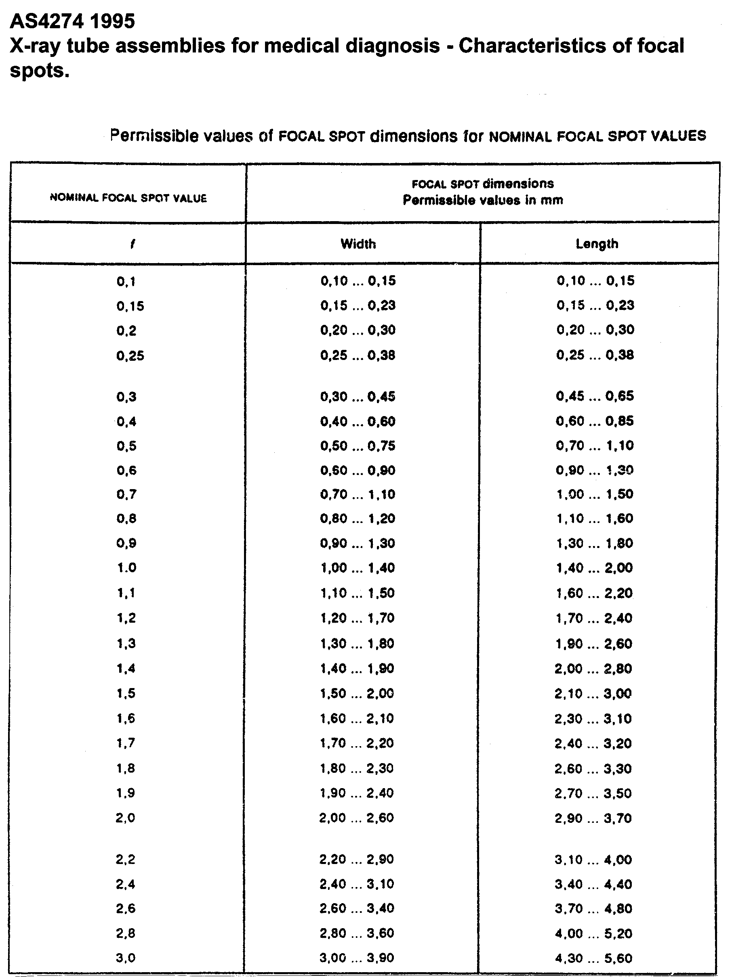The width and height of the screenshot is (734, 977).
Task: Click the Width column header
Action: coord(358,244)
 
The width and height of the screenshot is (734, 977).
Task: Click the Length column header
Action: coord(597,244)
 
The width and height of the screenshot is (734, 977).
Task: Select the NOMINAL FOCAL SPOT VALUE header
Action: coord(128,198)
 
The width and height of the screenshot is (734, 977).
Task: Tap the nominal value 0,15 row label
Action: coord(130,306)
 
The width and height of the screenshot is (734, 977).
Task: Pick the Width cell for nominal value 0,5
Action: coord(358,446)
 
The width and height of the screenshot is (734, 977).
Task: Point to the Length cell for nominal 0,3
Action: coord(595,396)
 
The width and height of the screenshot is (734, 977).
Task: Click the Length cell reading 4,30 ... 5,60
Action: coord(593,958)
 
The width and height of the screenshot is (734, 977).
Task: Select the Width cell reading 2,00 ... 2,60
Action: coord(356,818)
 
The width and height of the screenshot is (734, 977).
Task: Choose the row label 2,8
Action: coord(126,933)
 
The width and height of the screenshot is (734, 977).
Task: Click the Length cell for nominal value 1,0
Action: coord(595,567)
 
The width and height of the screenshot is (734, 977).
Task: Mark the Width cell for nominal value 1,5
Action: coord(357,693)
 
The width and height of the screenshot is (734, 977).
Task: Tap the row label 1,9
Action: coord(126,793)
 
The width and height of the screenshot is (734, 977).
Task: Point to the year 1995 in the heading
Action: coord(113,21)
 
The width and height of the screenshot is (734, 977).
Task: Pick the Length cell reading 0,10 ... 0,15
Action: coord(595,280)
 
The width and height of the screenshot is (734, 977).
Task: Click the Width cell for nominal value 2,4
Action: coord(356,884)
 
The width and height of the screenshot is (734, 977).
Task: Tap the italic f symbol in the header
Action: coord(132,244)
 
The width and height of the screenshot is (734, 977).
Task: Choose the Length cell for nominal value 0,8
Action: coord(595,518)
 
